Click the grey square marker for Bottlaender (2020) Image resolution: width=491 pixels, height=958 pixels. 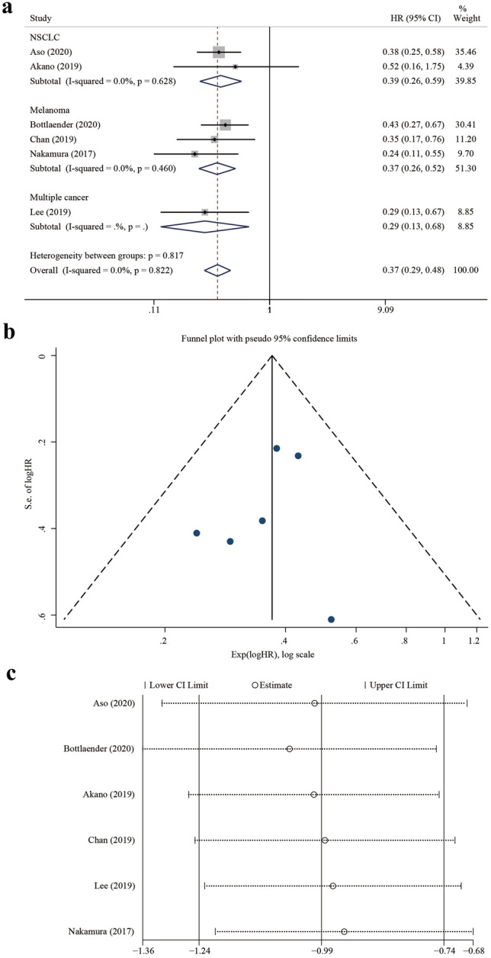[x=225, y=124]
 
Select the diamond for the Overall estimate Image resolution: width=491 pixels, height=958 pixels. [x=217, y=269]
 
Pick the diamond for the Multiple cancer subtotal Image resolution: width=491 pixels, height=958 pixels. [x=204, y=226]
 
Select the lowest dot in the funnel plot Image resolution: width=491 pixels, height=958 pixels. [x=331, y=619]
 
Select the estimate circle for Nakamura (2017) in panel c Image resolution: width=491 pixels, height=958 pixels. [x=344, y=931]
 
